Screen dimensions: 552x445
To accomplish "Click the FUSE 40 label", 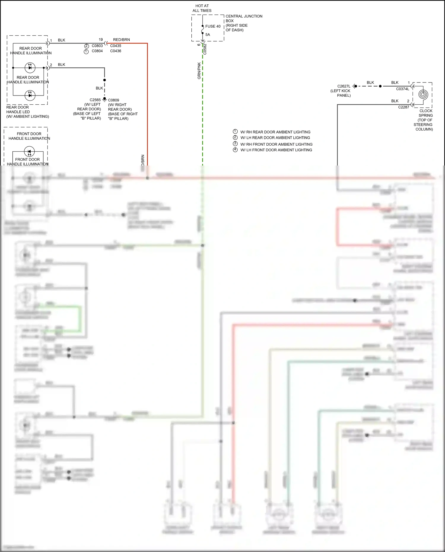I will [x=213, y=26].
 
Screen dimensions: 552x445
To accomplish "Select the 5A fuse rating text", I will [x=207, y=35].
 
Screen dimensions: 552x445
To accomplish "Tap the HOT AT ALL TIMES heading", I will [x=202, y=8].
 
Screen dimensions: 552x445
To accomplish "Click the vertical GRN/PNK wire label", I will [x=199, y=71].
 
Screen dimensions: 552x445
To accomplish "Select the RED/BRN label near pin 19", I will [x=121, y=39].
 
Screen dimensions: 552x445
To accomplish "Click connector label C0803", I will [x=97, y=46].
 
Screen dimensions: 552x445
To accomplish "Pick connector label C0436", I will [x=115, y=51].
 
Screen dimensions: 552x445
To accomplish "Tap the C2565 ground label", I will [x=95, y=100].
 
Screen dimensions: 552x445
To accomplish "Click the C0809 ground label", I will [x=113, y=100].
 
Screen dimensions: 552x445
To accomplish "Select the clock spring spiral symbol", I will [x=423, y=95].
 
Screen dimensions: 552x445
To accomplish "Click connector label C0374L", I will [x=402, y=89].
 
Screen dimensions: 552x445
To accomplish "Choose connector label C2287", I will [x=403, y=107].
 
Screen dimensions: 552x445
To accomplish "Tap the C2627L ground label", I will [x=344, y=86].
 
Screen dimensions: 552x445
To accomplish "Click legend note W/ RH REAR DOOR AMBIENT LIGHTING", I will [x=275, y=132].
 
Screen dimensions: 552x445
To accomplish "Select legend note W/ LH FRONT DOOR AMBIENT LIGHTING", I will [x=276, y=150].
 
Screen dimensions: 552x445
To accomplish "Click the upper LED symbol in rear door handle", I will [x=30, y=68].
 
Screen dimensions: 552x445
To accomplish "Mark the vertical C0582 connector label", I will [x=205, y=49].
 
